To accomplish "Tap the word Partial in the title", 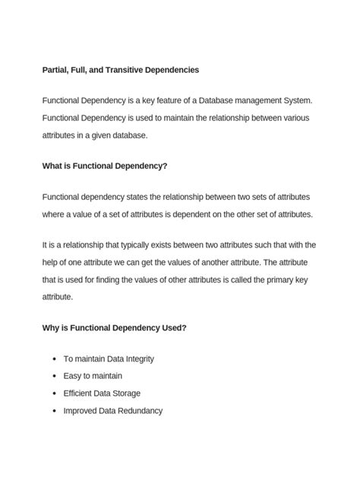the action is pos(56,70).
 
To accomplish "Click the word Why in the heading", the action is pos(51,327).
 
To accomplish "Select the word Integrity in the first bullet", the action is pos(136,358).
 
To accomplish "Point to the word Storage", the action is pos(125,393).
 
